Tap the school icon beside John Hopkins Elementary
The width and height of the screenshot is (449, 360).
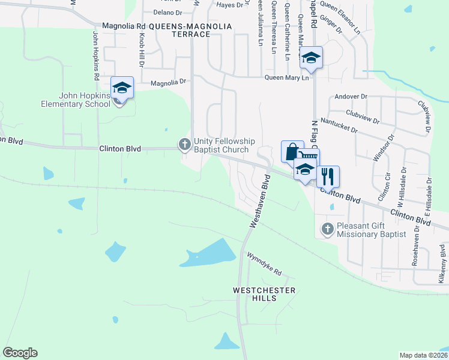click(x=122, y=88)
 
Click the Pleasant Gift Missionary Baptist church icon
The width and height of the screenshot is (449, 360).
click(x=327, y=229)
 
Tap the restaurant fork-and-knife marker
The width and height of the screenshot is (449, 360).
click(x=328, y=176)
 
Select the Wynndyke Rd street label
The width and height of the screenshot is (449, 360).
click(x=264, y=263)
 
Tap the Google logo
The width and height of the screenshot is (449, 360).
click(x=20, y=353)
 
